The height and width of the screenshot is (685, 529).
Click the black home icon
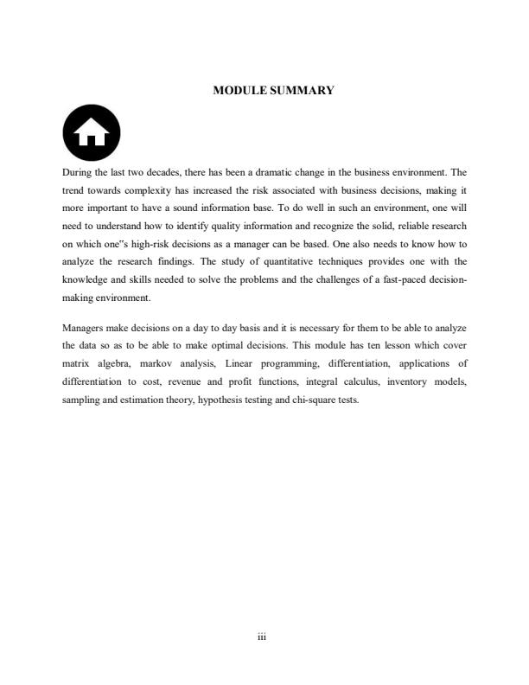point(92,134)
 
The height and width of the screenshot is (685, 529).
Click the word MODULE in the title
point(239,90)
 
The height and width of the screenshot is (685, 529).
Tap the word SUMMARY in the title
point(302,90)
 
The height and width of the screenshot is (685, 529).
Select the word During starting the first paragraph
point(79,172)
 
